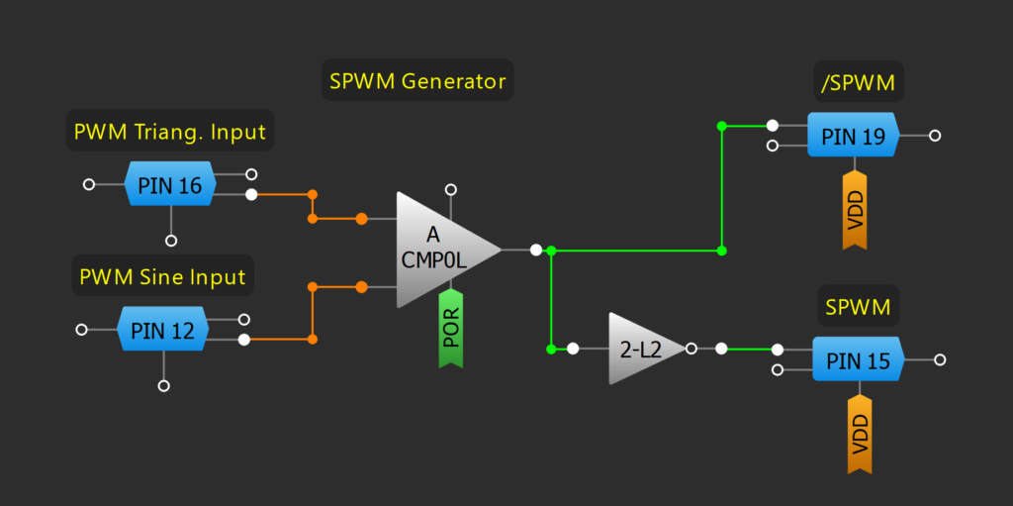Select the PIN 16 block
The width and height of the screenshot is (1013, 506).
coord(169,185)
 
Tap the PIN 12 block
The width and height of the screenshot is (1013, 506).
coord(163,331)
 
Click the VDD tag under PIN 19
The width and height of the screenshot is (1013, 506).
coord(854,210)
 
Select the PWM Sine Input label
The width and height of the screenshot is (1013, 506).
coord(163,275)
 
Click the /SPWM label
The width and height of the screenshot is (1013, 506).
coord(858,83)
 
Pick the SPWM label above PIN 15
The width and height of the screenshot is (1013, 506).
coord(858,308)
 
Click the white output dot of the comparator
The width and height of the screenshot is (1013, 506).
coord(535,250)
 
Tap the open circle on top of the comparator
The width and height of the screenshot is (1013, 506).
coord(451,188)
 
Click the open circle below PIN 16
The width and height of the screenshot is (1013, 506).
coord(171,241)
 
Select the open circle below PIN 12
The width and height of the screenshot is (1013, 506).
coord(164,385)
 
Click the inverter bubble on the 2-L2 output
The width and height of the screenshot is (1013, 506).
coord(691,349)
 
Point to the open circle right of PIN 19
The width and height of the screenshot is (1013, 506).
coord(935,136)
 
